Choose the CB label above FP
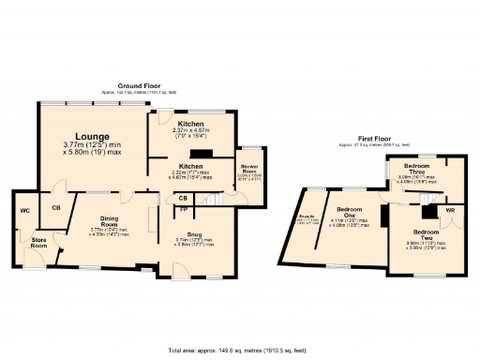(184, 198)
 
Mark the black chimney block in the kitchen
(200, 155)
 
